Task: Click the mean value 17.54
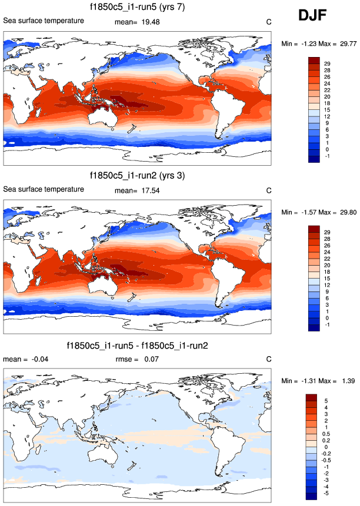[150, 190]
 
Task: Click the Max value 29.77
[344, 43]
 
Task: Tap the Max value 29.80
[344, 212]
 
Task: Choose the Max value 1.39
[345, 381]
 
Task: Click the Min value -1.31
[311, 381]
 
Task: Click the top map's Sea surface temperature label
[44, 21]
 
